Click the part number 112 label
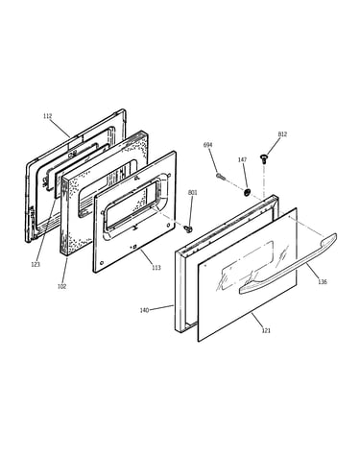click(47, 116)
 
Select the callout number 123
click(36, 264)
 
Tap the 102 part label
click(61, 286)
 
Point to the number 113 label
click(156, 268)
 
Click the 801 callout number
click(192, 193)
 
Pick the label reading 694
click(207, 145)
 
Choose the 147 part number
click(242, 159)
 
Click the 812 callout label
click(282, 134)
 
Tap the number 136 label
click(323, 282)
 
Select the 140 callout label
click(144, 310)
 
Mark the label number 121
click(266, 330)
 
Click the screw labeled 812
click(264, 158)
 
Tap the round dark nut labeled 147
click(247, 192)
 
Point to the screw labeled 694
click(221, 176)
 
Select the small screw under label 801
click(189, 228)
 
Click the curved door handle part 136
click(288, 264)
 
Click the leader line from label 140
click(161, 307)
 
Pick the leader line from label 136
click(313, 271)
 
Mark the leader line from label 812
click(272, 146)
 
